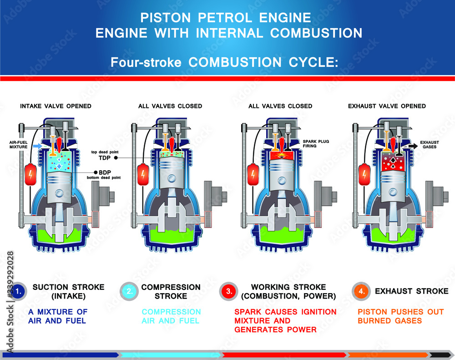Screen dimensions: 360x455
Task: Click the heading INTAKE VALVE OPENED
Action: pos(56,106)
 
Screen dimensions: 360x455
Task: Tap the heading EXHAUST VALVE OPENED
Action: pos(387,106)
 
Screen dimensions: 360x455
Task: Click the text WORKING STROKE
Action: pos(288,287)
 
